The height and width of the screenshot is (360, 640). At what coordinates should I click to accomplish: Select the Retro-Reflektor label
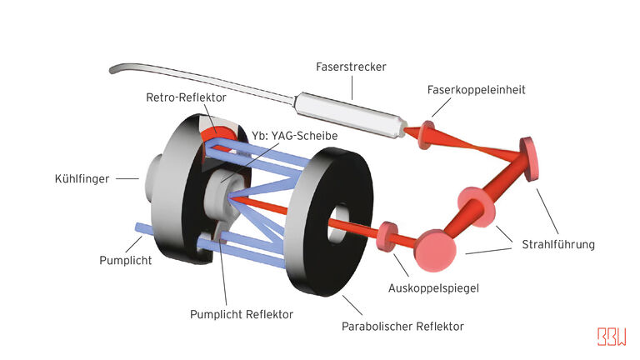[x=186, y=97]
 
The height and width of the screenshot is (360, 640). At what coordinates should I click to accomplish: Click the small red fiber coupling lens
[x=427, y=132]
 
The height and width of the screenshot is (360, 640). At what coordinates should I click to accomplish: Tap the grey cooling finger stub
[x=154, y=177]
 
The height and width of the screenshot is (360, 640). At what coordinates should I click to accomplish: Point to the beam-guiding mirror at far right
[x=531, y=157]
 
